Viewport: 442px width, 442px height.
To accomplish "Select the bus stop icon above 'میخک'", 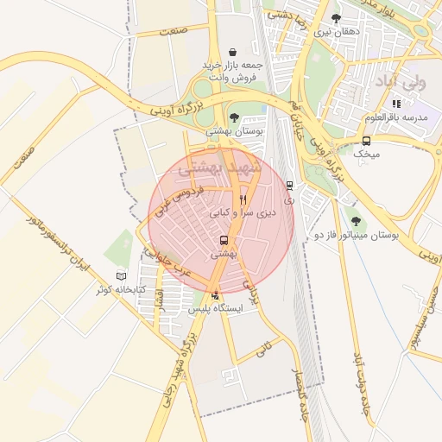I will click(x=367, y=141).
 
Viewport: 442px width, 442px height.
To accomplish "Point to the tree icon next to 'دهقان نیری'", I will click(x=336, y=18).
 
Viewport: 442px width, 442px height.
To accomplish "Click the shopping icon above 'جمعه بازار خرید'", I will click(x=232, y=52).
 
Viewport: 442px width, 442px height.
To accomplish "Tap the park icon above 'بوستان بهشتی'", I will click(x=234, y=117).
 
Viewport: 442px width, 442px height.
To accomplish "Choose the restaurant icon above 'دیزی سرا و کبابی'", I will click(x=243, y=199).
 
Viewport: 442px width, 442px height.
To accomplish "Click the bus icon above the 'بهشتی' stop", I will click(x=224, y=241).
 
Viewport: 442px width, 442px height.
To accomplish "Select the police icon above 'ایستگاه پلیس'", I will click(x=215, y=295).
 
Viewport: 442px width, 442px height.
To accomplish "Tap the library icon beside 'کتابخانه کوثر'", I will click(x=121, y=275).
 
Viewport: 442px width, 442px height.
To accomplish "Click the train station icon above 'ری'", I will click(x=289, y=185).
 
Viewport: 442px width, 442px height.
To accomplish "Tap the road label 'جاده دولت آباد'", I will click(x=361, y=385).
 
